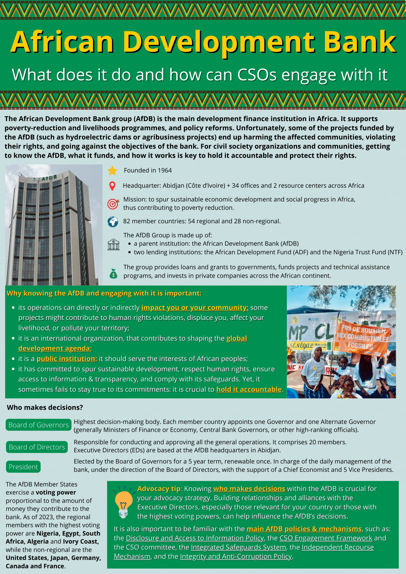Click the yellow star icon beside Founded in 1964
pos(112,171)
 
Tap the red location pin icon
pos(113,186)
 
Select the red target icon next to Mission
pos(113,204)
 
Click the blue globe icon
pos(113,222)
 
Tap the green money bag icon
pos(113,274)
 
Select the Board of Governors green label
pos(38,425)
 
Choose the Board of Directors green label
pos(37,447)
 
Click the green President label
pos(23,467)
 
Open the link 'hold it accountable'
pos(249,389)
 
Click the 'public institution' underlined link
pos(66,359)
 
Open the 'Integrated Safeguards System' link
pos(239,547)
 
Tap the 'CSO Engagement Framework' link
pos(326,538)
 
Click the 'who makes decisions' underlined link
pos(249,489)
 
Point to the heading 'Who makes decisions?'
pos(45,408)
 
